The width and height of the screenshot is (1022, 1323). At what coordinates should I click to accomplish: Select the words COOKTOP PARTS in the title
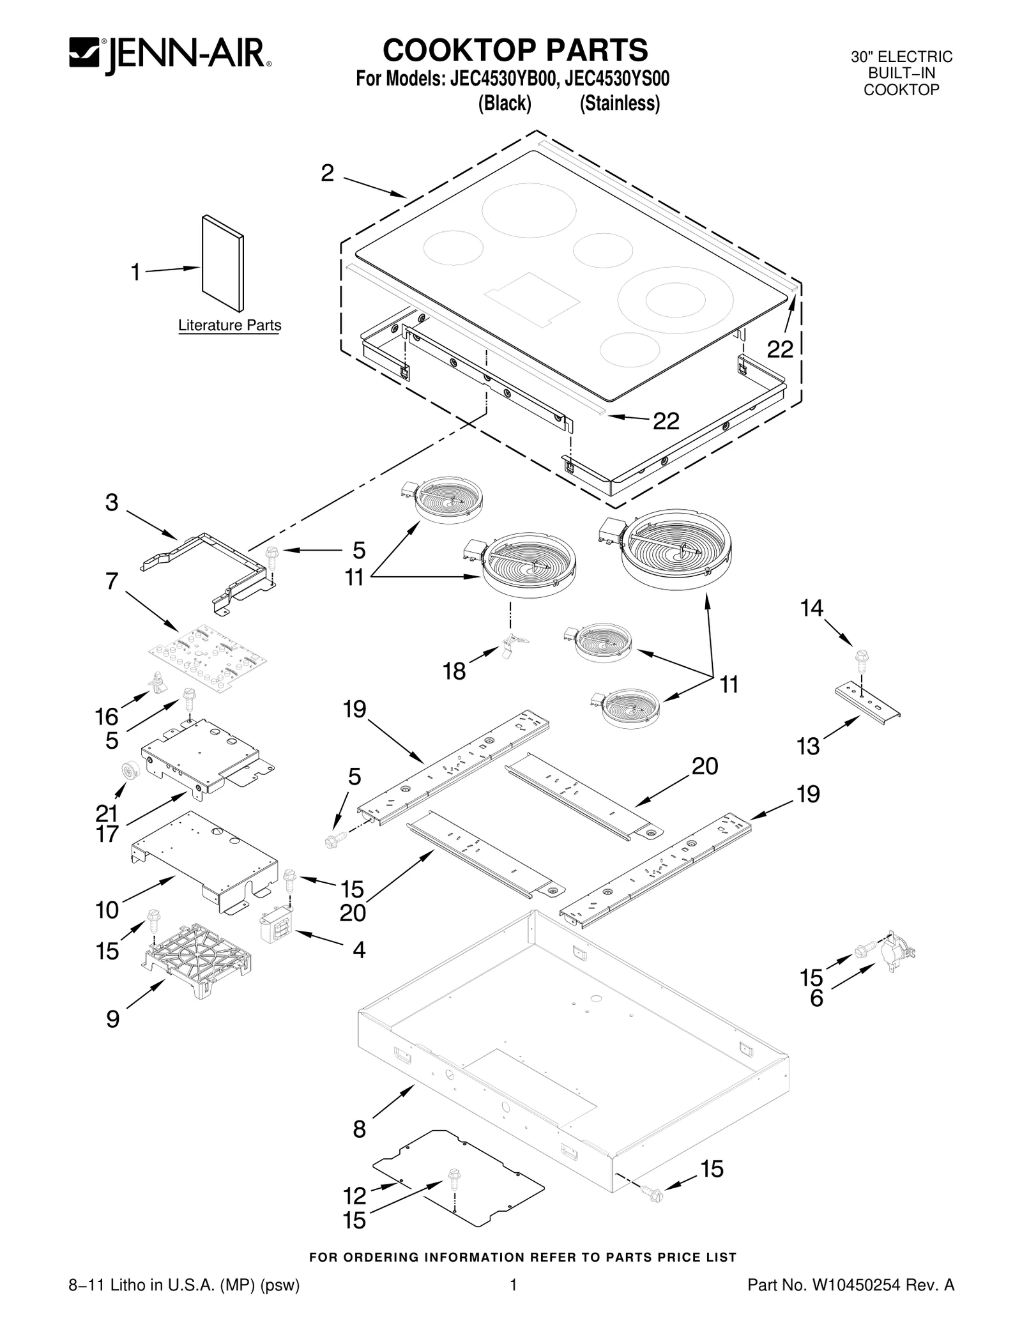(515, 50)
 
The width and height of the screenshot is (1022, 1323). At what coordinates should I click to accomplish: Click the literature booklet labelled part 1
(222, 263)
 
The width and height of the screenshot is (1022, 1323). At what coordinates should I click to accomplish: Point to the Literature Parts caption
(229, 325)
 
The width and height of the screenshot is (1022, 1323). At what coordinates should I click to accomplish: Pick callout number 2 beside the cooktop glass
(327, 173)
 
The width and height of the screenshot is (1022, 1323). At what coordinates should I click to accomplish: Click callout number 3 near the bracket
(112, 503)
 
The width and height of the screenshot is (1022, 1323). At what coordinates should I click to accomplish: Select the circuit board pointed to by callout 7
(208, 657)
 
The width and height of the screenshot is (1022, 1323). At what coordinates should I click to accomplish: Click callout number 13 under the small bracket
(808, 746)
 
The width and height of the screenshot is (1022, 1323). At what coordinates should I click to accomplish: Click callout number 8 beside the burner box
(359, 1129)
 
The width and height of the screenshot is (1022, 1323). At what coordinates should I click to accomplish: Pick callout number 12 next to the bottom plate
(355, 1195)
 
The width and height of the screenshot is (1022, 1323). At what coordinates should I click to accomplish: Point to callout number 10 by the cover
(108, 910)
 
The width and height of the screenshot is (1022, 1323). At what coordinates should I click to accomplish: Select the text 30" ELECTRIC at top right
(901, 57)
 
